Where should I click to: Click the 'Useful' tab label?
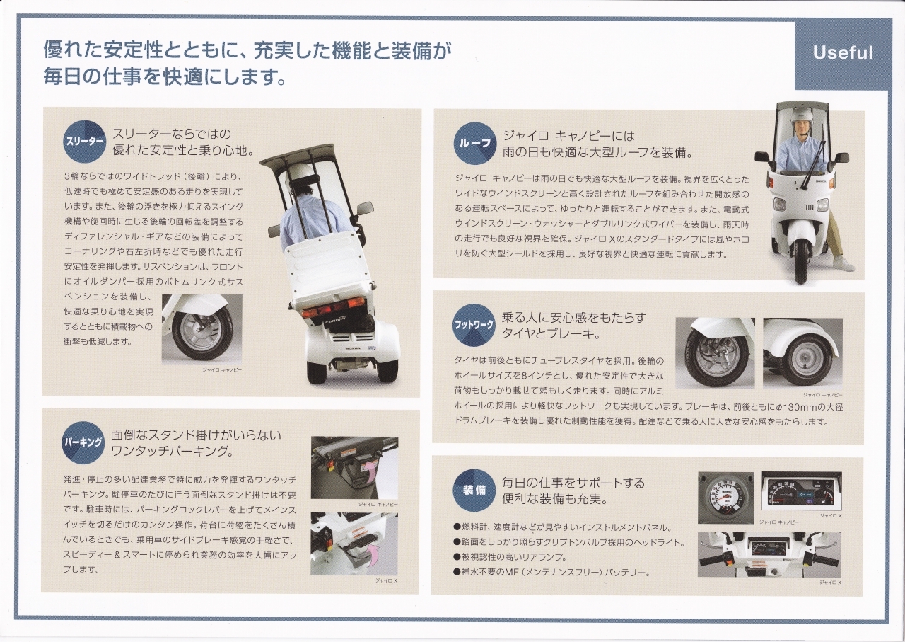point(843,53)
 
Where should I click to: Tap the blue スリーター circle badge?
point(84,141)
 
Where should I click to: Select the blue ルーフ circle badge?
point(475,143)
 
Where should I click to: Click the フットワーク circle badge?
point(474,326)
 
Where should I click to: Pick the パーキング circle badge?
point(83,442)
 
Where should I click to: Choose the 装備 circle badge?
point(474,491)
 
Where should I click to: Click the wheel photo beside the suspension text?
point(202,329)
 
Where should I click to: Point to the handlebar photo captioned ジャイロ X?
point(770,554)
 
